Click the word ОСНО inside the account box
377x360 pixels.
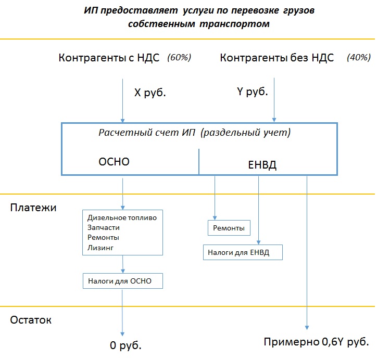pos(114,162)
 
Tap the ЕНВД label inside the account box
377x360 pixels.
pos(259,165)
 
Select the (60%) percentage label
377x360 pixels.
pos(179,58)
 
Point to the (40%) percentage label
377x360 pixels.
pos(358,58)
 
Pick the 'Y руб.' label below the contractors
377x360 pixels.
pos(253,92)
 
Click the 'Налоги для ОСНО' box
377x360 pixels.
pos(122,281)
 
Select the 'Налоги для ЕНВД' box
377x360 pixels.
pos(243,252)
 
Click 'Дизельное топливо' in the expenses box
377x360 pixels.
pos(122,217)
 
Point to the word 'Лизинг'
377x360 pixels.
pos(100,248)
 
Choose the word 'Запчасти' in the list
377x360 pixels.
pos(104,227)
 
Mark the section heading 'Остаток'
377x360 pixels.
pos(31,320)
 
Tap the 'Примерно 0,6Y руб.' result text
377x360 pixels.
pos(316,342)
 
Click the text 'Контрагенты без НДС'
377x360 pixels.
pos(277,58)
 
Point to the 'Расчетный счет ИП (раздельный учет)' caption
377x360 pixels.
pos(195,133)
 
